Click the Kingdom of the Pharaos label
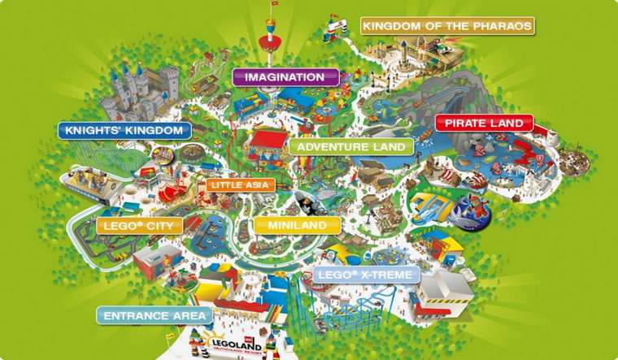(447, 26)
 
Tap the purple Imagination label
(285, 77)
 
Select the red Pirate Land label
(483, 124)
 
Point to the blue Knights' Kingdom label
(124, 129)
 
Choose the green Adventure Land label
(350, 147)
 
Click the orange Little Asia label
(241, 185)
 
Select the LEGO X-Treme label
(366, 275)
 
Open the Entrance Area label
(154, 315)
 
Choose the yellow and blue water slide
(430, 206)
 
